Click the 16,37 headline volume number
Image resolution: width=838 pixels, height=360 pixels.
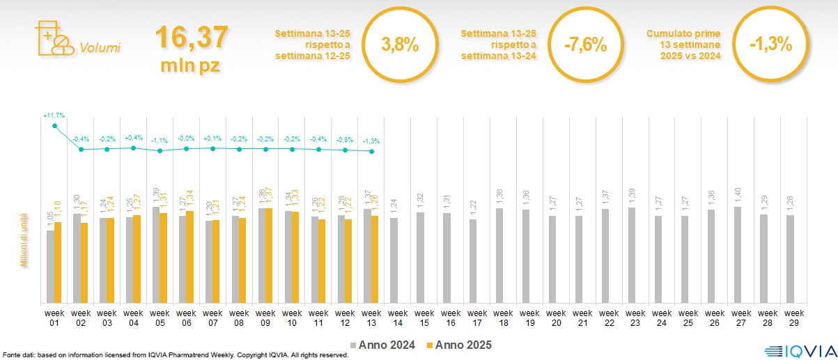coord(191,37)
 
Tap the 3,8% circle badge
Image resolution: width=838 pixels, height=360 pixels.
coord(400,46)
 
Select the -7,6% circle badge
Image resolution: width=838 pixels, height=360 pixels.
coord(586,46)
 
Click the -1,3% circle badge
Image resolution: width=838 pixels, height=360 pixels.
coord(770,45)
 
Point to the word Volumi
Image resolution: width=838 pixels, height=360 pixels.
coord(100,48)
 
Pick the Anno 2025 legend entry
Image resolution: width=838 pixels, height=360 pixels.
coord(460,345)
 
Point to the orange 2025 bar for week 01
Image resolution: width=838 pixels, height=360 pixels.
coord(58,263)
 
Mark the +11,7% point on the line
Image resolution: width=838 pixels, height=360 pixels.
coord(54,125)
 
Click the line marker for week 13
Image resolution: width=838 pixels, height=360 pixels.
coord(372,151)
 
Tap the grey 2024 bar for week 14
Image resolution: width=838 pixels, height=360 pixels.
coord(394,260)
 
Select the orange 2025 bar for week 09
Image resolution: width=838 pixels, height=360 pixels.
coord(270,256)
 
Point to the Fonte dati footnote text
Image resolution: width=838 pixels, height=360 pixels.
coord(175,355)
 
